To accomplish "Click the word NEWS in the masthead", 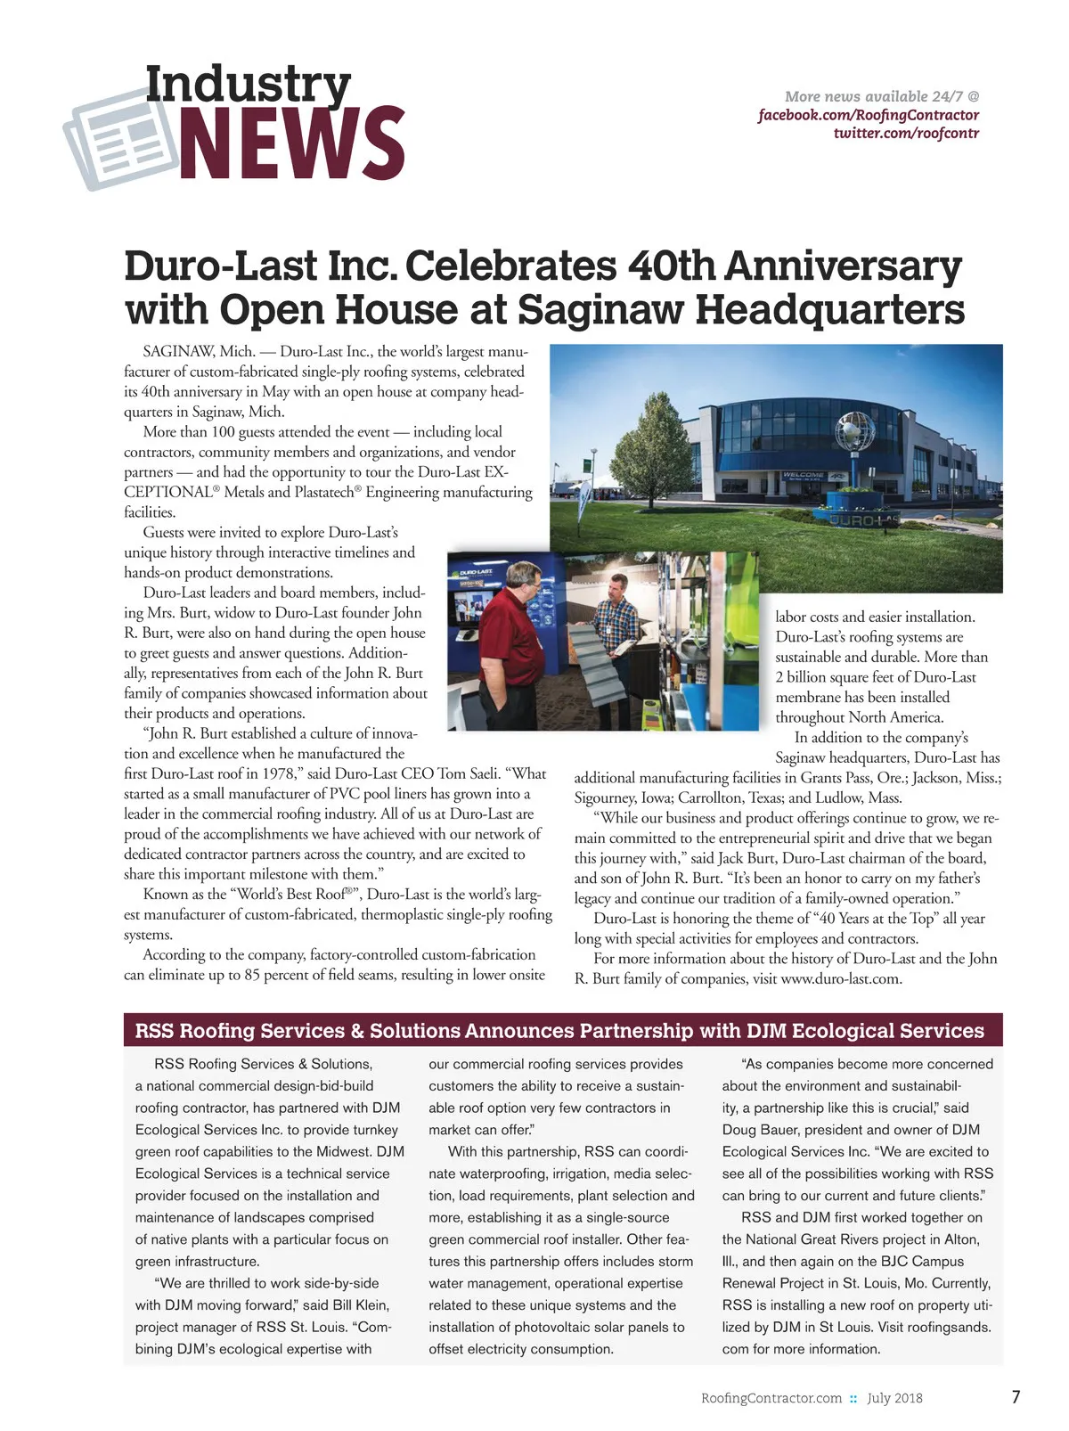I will [x=292, y=143].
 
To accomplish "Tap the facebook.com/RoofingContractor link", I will [x=868, y=115].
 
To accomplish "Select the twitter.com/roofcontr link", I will [x=906, y=134].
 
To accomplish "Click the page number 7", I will [x=1016, y=1396].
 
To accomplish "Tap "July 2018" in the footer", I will [x=894, y=1398].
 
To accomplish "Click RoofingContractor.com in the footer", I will [x=771, y=1398].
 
